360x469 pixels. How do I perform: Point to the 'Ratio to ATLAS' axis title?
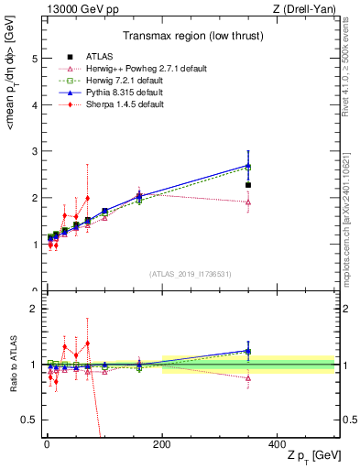coord(12,364)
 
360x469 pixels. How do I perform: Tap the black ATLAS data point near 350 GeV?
coord(248,185)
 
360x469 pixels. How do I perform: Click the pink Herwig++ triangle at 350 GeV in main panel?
coord(248,202)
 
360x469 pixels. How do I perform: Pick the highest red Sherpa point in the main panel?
coord(87,198)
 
